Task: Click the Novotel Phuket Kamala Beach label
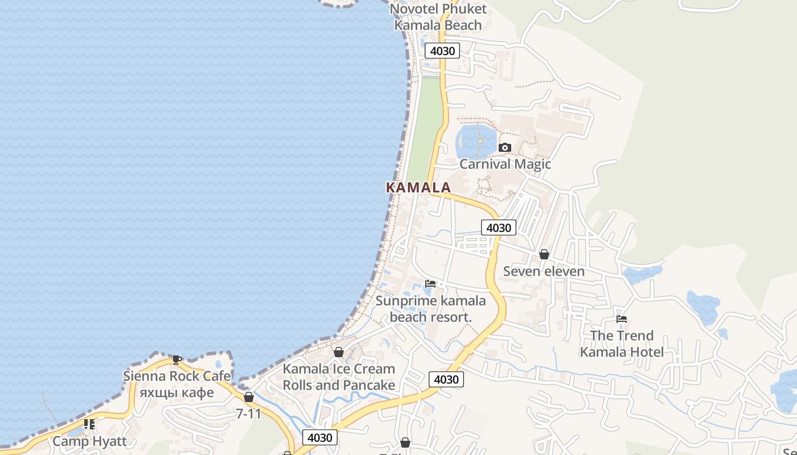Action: pyautogui.click(x=438, y=17)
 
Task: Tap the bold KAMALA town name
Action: pyautogui.click(x=418, y=187)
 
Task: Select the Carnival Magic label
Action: pyautogui.click(x=505, y=164)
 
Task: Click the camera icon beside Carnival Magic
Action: pyautogui.click(x=504, y=148)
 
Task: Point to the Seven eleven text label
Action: pyautogui.click(x=544, y=271)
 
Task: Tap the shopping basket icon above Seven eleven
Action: pyautogui.click(x=544, y=254)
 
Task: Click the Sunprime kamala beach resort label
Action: pyautogui.click(x=430, y=309)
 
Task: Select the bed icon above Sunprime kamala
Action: pyautogui.click(x=430, y=284)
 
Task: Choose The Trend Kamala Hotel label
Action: pyautogui.click(x=622, y=344)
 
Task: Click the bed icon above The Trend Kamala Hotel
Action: pyautogui.click(x=622, y=320)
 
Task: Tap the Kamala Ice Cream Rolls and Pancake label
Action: pyautogui.click(x=339, y=377)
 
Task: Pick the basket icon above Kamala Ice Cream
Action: pyautogui.click(x=339, y=353)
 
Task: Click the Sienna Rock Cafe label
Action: pyautogui.click(x=177, y=376)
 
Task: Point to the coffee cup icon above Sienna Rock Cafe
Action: pyautogui.click(x=177, y=359)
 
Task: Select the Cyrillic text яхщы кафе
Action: pyautogui.click(x=177, y=393)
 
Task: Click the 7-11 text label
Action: pyautogui.click(x=248, y=413)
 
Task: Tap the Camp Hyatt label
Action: pyautogui.click(x=89, y=441)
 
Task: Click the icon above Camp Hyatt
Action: pyautogui.click(x=89, y=424)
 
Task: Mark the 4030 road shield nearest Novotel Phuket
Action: pyautogui.click(x=442, y=51)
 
